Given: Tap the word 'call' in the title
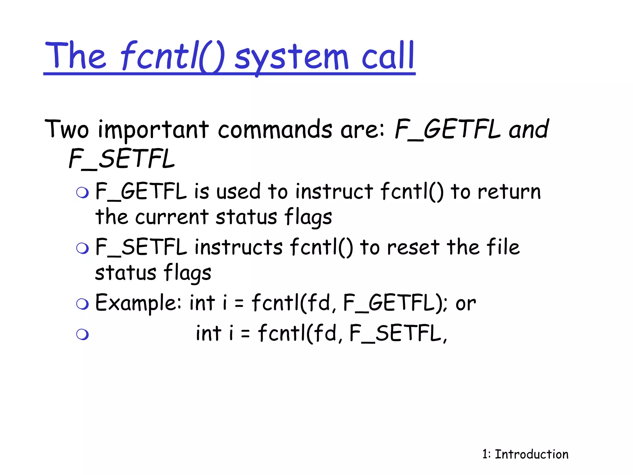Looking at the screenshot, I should click(388, 56).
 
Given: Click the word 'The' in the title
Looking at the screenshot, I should click(75, 56).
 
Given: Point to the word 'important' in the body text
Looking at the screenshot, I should click(153, 130).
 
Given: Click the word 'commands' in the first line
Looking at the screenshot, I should click(275, 129).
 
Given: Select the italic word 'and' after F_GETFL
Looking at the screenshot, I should click(529, 129).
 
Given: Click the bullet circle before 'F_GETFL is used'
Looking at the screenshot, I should click(83, 193).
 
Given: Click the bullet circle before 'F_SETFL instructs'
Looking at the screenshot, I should click(83, 248).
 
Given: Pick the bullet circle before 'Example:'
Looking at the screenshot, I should click(83, 304).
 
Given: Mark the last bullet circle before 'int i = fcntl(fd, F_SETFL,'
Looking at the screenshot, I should click(83, 334).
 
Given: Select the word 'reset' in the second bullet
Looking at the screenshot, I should click(413, 247).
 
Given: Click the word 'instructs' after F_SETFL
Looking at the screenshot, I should click(239, 247).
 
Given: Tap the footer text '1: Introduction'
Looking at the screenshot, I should click(525, 454).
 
